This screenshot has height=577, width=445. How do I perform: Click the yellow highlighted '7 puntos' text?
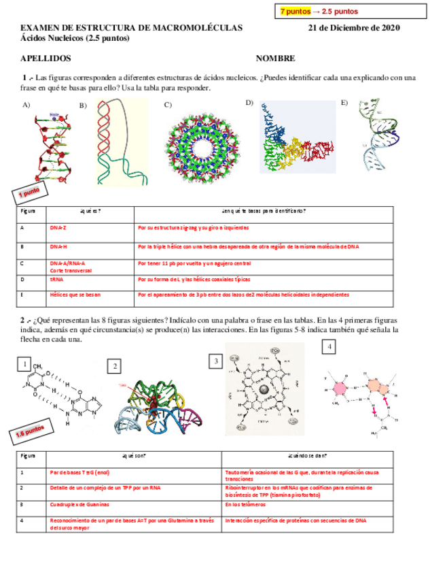coord(295,12)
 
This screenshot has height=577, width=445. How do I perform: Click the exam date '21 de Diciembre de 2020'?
coord(354,28)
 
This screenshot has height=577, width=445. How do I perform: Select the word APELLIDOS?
coord(46,60)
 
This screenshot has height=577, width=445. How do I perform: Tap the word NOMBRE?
coord(275,60)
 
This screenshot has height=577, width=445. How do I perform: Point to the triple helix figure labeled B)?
coord(121,142)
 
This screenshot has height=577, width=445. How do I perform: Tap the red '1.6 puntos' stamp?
coord(28,431)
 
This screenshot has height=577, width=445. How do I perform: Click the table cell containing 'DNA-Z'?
coord(58,229)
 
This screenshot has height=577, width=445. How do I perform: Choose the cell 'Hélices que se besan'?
coord(75,295)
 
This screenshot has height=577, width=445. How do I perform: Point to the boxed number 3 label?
coord(215,361)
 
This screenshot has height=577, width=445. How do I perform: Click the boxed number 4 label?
coord(329,348)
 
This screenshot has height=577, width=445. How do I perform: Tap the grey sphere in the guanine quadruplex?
coord(263,390)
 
